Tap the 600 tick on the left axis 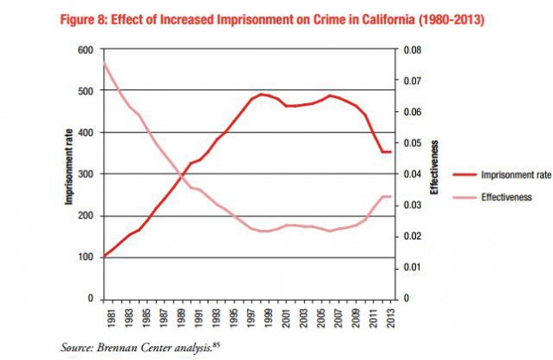85,49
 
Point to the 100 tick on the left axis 85,257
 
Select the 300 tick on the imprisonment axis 85,174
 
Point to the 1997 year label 252,316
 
